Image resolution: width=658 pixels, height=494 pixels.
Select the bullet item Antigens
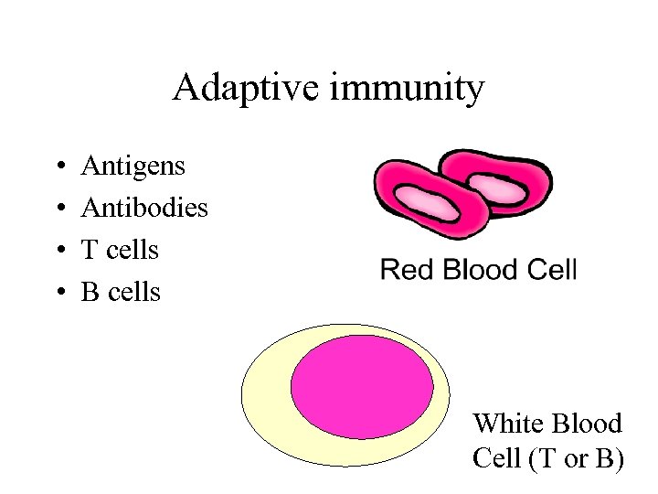point(133,166)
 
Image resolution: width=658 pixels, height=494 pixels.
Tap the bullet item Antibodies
point(144,208)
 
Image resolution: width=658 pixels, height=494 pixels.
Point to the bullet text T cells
point(120,250)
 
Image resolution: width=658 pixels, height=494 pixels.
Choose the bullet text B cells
point(121,292)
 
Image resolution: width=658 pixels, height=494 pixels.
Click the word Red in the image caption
point(403,270)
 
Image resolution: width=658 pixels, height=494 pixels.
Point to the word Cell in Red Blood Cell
point(552,270)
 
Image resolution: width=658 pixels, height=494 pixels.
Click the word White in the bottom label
point(504,424)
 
